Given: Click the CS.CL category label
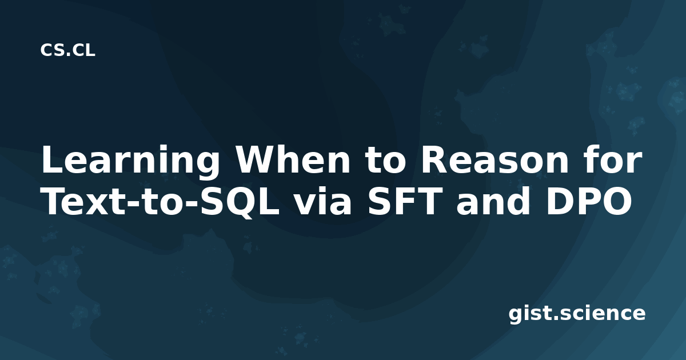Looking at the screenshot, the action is (67, 50).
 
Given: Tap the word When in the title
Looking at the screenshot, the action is (293, 159).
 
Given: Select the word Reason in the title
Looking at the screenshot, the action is (494, 159).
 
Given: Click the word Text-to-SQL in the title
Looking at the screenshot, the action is (161, 201).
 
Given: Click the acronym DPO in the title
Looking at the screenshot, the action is (589, 201).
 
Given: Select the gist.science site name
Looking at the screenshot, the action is (577, 314).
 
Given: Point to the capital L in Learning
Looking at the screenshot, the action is (53, 159).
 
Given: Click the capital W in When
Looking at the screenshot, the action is (258, 159).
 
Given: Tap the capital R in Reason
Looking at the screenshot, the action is (434, 159).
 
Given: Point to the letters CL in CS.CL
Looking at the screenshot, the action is (84, 50).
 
